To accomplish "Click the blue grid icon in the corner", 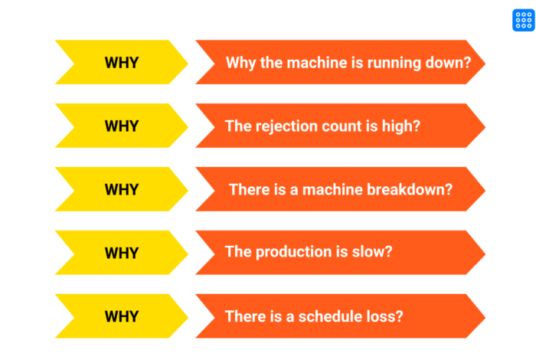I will click(521, 20).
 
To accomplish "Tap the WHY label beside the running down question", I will click(122, 63).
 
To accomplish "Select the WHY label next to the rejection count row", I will click(122, 126).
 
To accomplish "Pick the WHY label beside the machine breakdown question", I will click(122, 189).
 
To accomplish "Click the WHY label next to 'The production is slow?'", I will click(122, 252).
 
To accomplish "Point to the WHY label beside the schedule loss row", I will click(122, 316).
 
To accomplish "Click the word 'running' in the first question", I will click(395, 63).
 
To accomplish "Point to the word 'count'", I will click(341, 126).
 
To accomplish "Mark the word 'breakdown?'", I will click(412, 189).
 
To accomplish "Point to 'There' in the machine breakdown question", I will click(249, 189).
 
